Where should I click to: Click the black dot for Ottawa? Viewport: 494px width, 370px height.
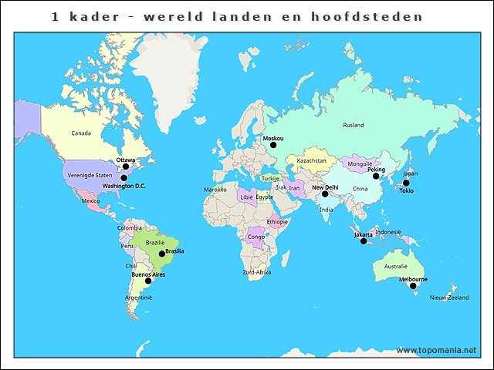click(126, 166)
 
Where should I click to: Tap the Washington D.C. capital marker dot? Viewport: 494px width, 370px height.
click(123, 178)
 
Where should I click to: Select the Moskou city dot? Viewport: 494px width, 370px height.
click(272, 145)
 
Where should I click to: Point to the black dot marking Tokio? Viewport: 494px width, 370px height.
click(406, 183)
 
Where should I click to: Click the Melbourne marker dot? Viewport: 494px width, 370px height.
click(413, 286)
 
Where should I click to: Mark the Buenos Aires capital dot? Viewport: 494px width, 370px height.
click(148, 281)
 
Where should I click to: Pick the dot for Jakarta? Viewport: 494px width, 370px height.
click(364, 241)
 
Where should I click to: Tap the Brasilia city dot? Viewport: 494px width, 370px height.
click(162, 254)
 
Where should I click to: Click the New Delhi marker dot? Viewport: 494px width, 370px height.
click(325, 194)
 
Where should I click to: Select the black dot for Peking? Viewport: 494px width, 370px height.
click(376, 177)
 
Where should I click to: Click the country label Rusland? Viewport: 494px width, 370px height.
click(354, 125)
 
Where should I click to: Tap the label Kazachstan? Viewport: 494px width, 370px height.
click(311, 161)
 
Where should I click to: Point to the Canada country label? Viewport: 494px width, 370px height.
click(81, 133)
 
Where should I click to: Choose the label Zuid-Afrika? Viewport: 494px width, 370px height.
click(256, 272)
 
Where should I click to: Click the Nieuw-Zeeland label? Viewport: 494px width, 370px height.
click(448, 298)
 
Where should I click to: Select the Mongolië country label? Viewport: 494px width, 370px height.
click(360, 164)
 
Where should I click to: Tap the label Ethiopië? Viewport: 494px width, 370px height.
click(277, 221)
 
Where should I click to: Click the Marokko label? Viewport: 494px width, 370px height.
click(215, 190)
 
